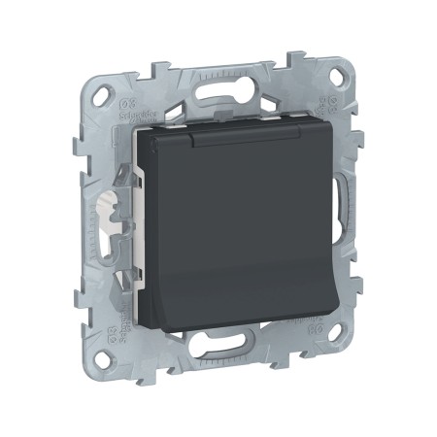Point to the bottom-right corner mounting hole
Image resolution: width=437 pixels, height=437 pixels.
(338, 360)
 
